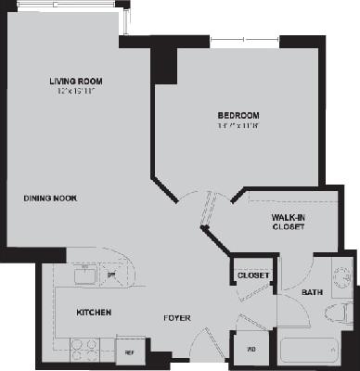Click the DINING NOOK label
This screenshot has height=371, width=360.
tap(50, 198)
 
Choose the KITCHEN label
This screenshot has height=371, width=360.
tap(94, 313)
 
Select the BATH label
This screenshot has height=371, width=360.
tap(312, 293)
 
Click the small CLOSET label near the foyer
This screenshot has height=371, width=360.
tap(252, 275)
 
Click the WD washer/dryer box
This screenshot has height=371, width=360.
tap(251, 350)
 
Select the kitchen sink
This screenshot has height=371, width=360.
tap(84, 275)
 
